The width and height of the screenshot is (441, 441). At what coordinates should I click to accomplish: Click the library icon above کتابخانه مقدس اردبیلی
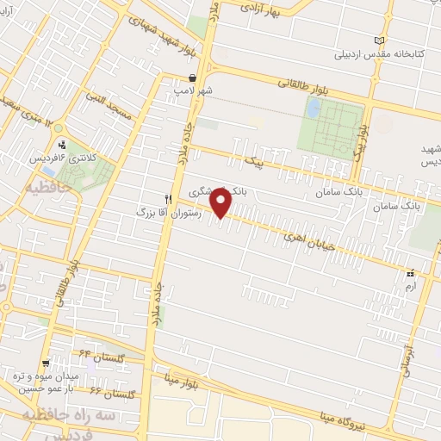point(381,40)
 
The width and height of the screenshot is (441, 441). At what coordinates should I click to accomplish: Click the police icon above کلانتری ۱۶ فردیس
point(62,146)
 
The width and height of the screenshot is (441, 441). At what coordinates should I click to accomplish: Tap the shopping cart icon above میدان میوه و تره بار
point(47,363)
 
